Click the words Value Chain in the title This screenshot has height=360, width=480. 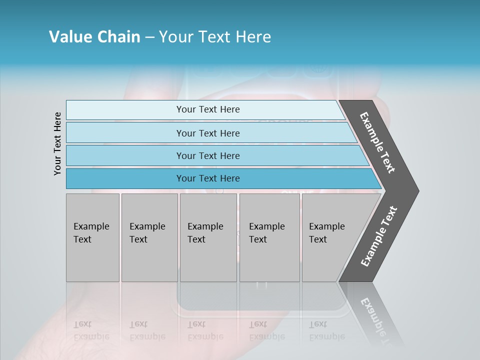(x=94, y=37)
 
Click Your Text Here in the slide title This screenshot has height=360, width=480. (x=215, y=37)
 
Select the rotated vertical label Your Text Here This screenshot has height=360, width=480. (x=57, y=143)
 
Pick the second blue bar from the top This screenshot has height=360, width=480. (x=208, y=133)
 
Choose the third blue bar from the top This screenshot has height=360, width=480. (x=208, y=155)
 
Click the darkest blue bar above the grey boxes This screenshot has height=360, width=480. (x=208, y=178)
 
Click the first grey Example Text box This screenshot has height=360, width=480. (x=92, y=237)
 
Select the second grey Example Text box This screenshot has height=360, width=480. (x=149, y=237)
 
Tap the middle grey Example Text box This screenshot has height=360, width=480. (x=208, y=237)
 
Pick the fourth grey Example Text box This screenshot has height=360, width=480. (x=269, y=237)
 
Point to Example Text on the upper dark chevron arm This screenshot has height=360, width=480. (x=378, y=142)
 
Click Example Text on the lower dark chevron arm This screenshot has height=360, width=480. (x=378, y=236)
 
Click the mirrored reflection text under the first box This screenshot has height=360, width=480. (x=91, y=330)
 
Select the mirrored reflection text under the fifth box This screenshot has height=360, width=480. (x=326, y=330)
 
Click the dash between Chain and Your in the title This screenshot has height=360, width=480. (x=149, y=37)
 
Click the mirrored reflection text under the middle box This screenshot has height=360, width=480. (x=205, y=330)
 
